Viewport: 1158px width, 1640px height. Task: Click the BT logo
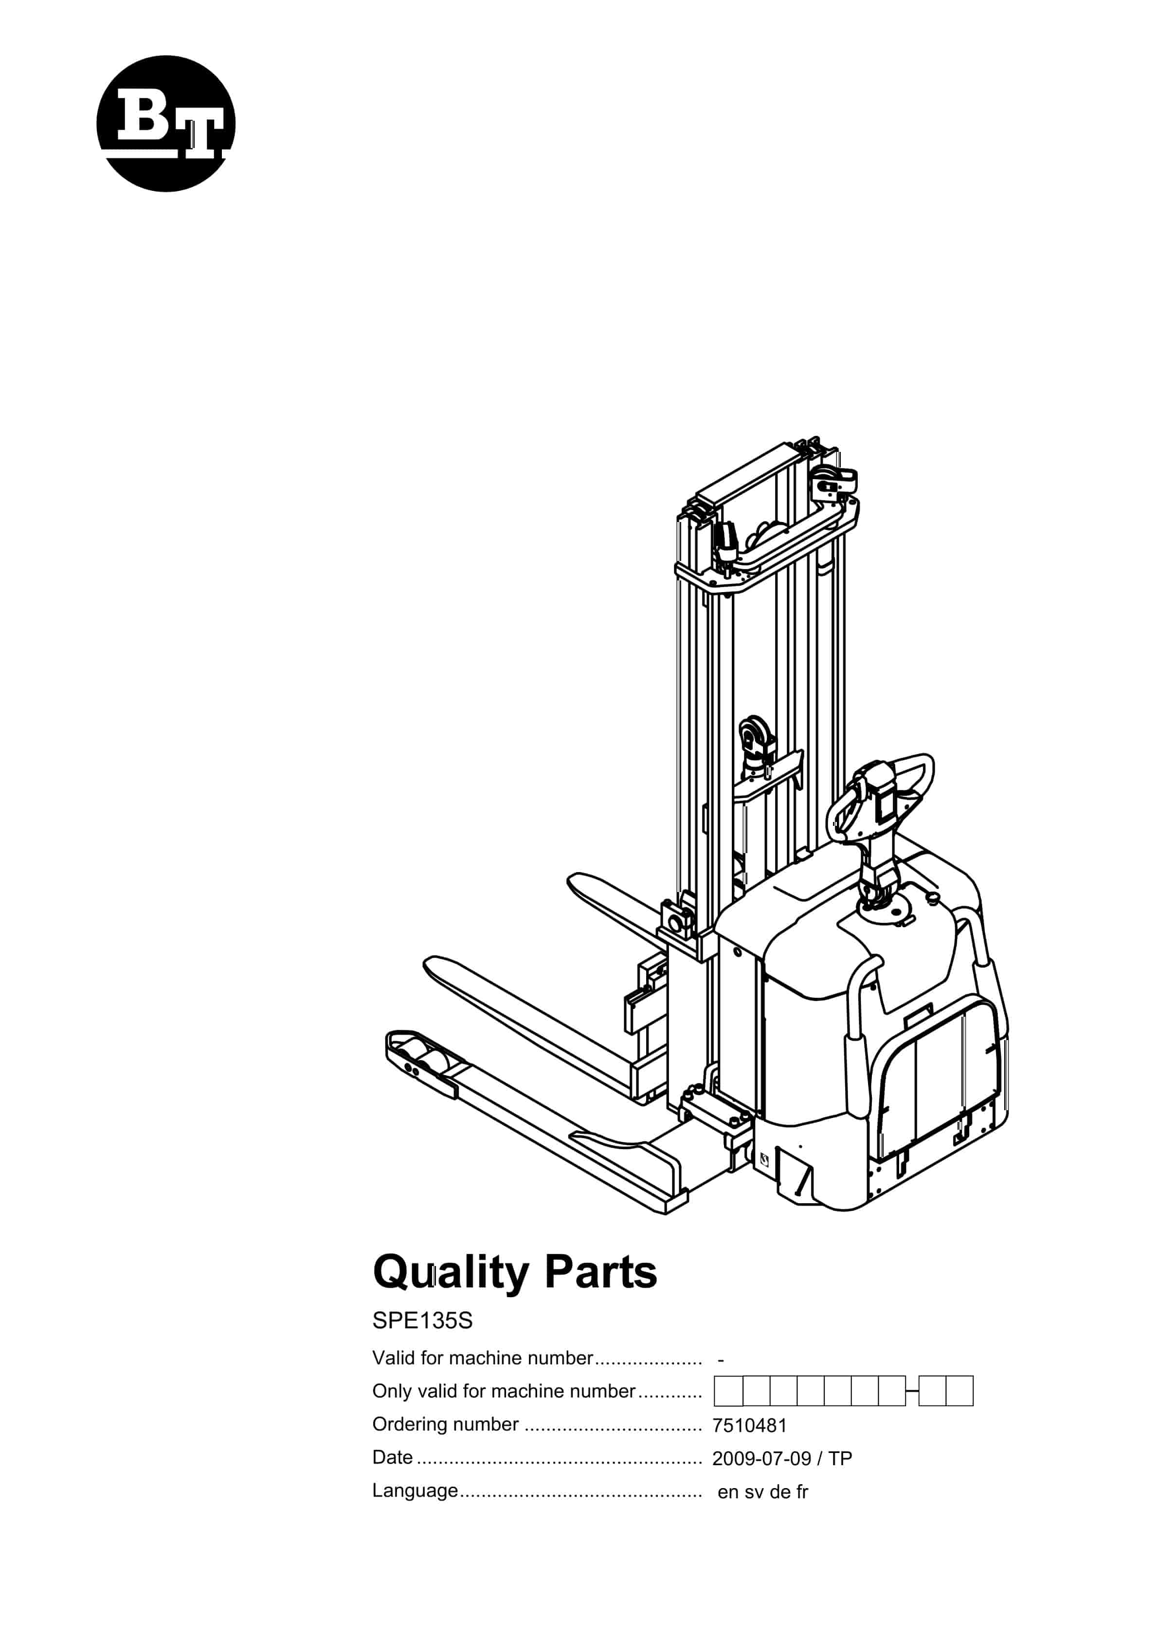[x=165, y=124]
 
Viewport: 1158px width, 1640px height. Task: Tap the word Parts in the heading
[x=600, y=1273]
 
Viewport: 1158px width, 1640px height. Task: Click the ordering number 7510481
[x=749, y=1426]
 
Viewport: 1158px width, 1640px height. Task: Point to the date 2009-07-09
[x=761, y=1458]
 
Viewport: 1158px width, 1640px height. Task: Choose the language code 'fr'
[x=802, y=1491]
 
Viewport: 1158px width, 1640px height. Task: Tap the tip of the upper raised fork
[x=572, y=880]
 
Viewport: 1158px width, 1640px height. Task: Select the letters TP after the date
[x=840, y=1458]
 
